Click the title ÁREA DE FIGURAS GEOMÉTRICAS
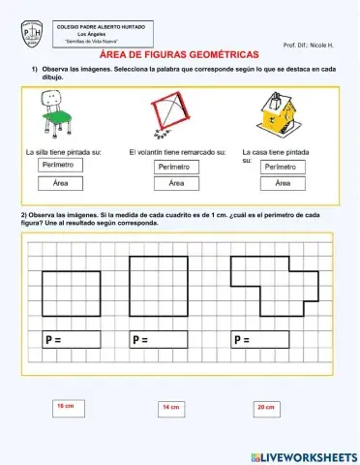point(180,56)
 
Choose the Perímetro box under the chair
point(60,167)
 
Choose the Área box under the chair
point(60,183)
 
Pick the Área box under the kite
point(176,183)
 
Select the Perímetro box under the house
point(283,167)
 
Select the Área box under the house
point(283,183)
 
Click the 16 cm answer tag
point(66,406)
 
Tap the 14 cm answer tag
point(170,408)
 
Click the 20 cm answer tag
point(267,408)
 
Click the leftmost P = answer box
point(73,339)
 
